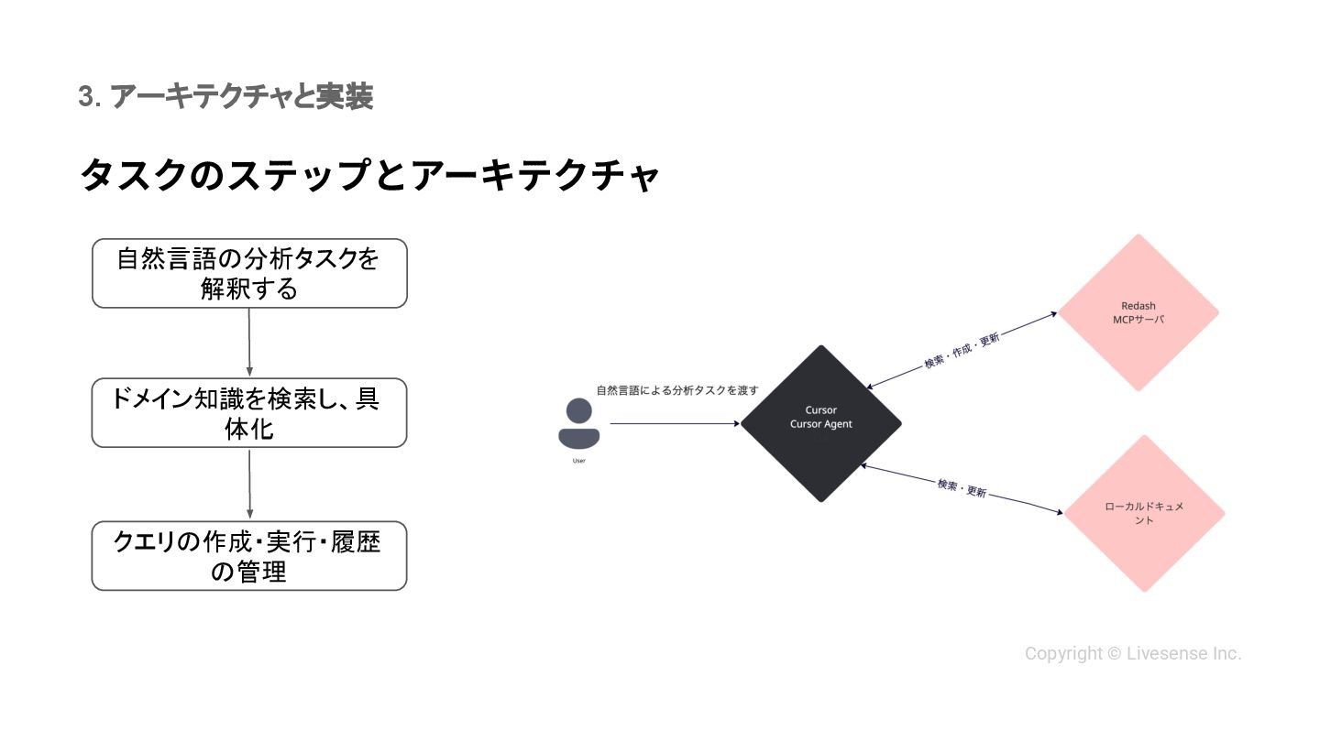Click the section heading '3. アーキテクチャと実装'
tap(225, 97)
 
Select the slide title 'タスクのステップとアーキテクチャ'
tap(369, 175)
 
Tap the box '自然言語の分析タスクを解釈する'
tap(249, 273)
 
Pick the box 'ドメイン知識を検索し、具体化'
tap(249, 413)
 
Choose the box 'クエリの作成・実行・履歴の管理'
tap(249, 556)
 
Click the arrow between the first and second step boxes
tap(249, 343)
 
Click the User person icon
tap(578, 424)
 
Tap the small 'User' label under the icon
tap(578, 461)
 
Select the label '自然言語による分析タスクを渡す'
tap(677, 390)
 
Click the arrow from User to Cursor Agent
tap(674, 424)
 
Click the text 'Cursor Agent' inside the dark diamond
tap(821, 424)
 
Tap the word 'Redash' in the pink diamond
tap(1138, 306)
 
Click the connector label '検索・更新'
tap(962, 487)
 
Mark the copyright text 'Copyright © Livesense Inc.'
tap(1133, 654)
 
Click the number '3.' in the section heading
tap(89, 97)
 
